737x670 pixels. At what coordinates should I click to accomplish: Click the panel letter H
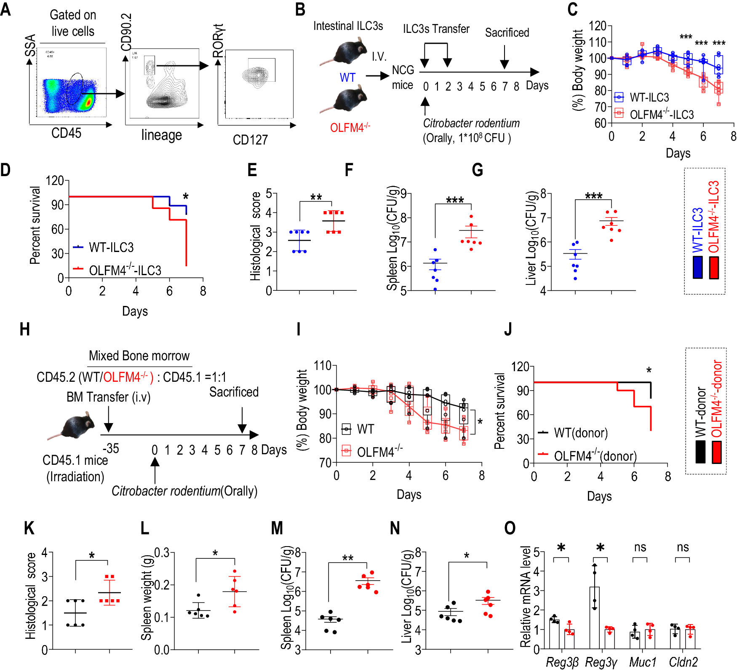click(x=24, y=329)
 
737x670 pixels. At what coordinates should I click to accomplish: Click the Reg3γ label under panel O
click(x=601, y=662)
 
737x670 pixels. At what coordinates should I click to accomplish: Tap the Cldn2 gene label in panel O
click(x=683, y=662)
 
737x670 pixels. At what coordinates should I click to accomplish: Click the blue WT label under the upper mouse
click(x=347, y=78)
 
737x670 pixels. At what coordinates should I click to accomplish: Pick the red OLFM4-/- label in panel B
click(x=350, y=127)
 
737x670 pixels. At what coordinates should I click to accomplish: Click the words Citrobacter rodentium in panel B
click(x=471, y=123)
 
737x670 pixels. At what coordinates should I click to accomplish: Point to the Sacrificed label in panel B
click(x=507, y=32)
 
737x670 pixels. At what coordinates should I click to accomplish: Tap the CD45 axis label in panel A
click(x=66, y=133)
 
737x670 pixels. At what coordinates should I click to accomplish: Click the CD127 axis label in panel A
click(x=250, y=139)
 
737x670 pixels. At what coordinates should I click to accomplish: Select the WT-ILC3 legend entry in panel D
click(x=111, y=247)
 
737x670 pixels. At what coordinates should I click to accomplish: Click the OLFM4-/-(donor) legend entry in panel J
click(x=595, y=456)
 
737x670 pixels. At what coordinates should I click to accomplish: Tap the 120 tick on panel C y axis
click(x=597, y=26)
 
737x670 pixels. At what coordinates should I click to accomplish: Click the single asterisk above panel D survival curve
click(x=186, y=196)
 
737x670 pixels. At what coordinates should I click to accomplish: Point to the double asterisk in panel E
click(x=316, y=197)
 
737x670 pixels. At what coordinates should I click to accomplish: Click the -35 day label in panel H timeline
click(x=111, y=448)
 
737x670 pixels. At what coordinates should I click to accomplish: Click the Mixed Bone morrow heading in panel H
click(x=139, y=356)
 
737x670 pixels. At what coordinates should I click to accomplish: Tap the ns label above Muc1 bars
click(x=640, y=547)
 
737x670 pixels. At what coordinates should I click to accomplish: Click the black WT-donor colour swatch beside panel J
click(x=700, y=452)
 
